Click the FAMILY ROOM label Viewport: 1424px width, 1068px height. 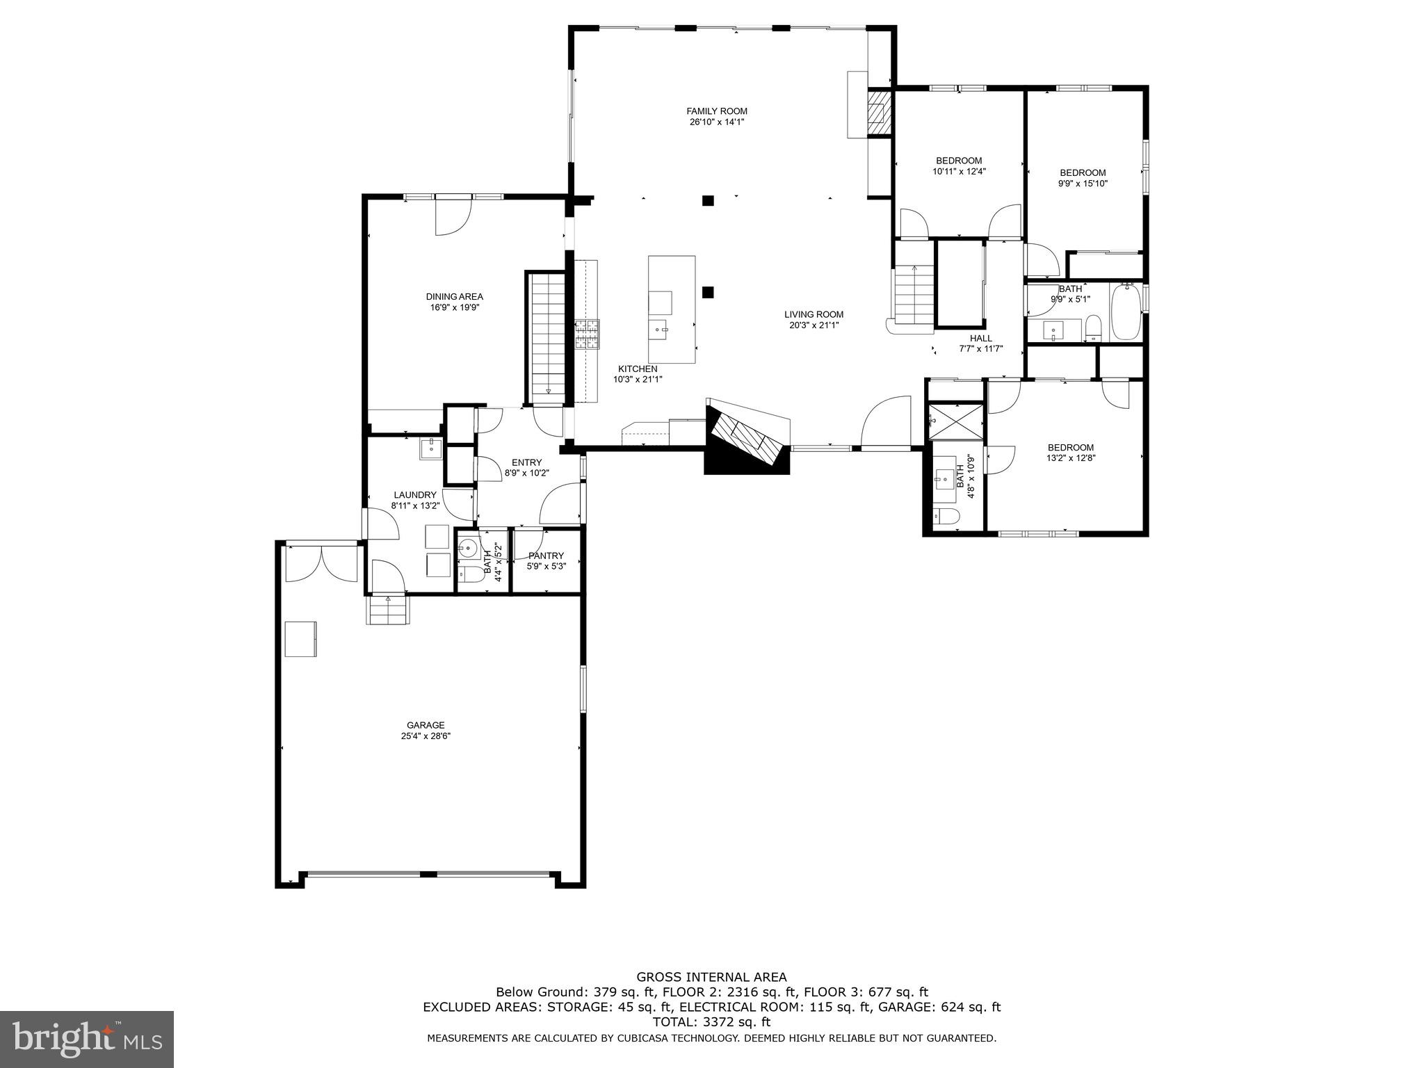pos(716,111)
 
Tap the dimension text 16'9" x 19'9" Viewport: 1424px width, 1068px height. pos(454,307)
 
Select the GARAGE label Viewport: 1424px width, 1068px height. pos(426,725)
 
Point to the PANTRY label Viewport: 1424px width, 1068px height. pos(546,556)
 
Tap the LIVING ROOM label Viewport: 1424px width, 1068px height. pos(814,314)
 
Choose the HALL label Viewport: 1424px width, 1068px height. pos(981,339)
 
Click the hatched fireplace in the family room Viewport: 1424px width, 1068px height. pos(878,113)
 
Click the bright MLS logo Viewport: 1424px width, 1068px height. pos(86,1039)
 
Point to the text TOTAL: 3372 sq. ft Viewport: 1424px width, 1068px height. pos(711,1022)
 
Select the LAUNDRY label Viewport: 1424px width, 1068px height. pos(415,495)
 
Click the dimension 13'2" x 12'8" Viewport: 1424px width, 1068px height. pos(1071,458)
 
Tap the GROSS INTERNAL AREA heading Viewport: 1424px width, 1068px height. pos(711,977)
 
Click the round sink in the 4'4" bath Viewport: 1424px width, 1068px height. pos(467,548)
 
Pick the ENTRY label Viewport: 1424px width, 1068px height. pos(526,462)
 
